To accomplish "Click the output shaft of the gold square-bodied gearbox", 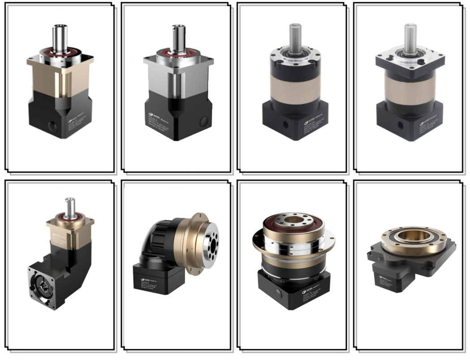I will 60,38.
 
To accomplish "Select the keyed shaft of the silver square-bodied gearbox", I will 178,39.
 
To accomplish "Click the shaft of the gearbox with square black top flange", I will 410,37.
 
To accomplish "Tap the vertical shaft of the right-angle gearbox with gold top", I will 69,208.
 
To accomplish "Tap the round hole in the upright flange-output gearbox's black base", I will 279,292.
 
